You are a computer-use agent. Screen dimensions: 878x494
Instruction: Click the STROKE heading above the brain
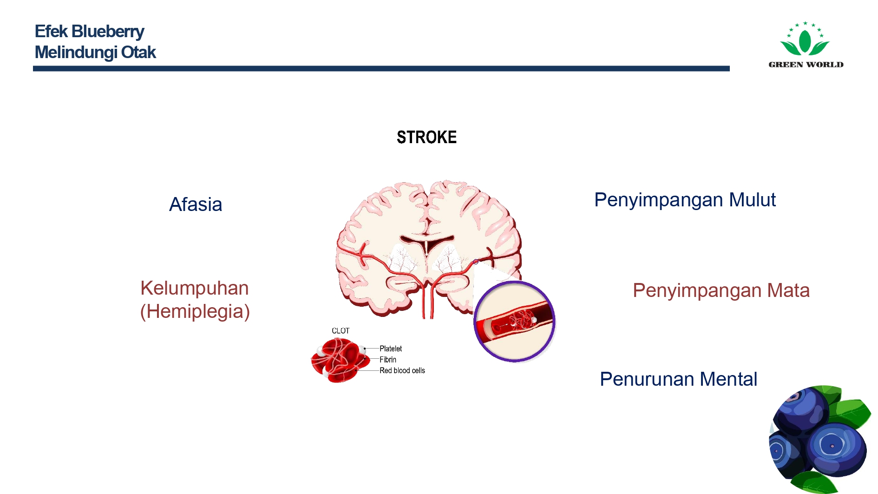(426, 137)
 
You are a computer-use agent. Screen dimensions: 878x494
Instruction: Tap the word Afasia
(196, 204)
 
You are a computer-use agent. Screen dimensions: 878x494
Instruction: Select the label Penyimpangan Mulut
(685, 200)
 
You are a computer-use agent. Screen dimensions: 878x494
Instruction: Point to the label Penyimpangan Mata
(721, 291)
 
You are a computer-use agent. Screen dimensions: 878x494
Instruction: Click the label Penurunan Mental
(678, 379)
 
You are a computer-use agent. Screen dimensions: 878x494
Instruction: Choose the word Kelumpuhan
(195, 289)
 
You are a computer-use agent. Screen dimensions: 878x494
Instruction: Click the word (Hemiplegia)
(195, 311)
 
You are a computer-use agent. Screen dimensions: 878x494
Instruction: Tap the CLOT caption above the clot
(341, 331)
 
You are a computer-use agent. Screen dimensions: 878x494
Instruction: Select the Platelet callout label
(391, 349)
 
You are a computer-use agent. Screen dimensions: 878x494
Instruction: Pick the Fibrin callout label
(388, 360)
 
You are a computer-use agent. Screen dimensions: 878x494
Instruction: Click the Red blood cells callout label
(402, 370)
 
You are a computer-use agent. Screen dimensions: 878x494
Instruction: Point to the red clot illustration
(340, 360)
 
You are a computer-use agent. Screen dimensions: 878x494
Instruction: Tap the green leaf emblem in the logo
(805, 39)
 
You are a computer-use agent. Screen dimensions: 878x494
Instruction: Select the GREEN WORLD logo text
(806, 65)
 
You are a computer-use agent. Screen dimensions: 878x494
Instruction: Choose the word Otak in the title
(138, 52)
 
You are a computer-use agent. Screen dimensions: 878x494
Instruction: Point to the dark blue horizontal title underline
(381, 68)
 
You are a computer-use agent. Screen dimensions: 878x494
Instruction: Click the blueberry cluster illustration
(819, 439)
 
